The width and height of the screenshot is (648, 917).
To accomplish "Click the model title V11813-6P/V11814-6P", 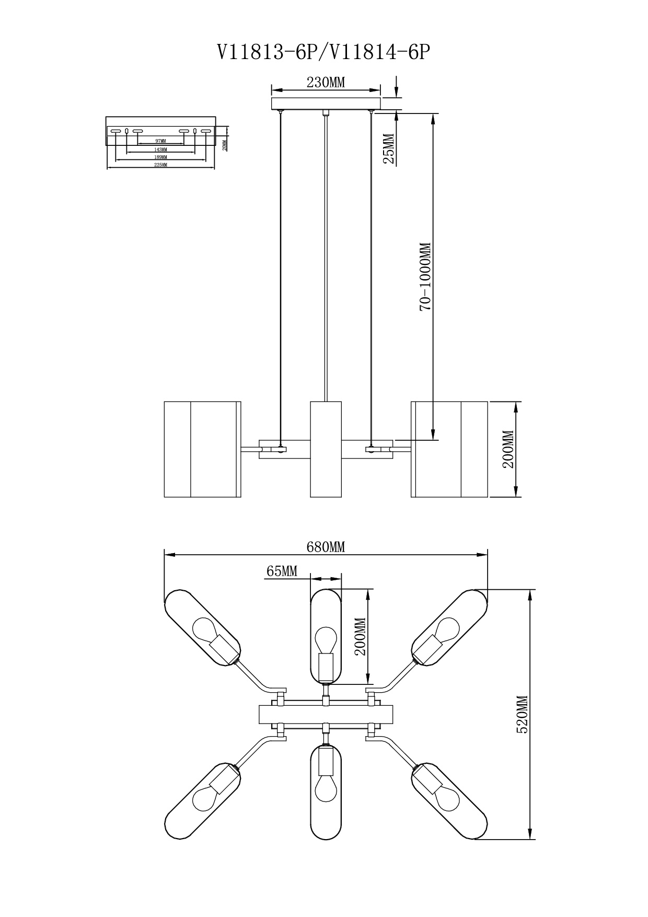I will pyautogui.click(x=324, y=52).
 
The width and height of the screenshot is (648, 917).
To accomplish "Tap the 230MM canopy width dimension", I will pyautogui.click(x=326, y=83).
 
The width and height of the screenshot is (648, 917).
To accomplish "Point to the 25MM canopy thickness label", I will pyautogui.click(x=389, y=149).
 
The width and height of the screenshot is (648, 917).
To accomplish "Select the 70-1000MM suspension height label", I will pyautogui.click(x=426, y=277).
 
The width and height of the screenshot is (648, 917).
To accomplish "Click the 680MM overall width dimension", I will pyautogui.click(x=326, y=547).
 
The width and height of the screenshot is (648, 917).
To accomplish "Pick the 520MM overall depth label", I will pyautogui.click(x=522, y=715).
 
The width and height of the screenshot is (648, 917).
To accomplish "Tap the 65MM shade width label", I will pyautogui.click(x=282, y=571).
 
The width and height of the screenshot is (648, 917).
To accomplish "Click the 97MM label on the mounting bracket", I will pyautogui.click(x=160, y=141).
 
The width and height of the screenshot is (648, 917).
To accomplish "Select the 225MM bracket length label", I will pyautogui.click(x=160, y=165).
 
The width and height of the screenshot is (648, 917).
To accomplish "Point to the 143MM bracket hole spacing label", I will pyautogui.click(x=160, y=150).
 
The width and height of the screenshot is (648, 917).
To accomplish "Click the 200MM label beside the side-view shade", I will pyautogui.click(x=508, y=449).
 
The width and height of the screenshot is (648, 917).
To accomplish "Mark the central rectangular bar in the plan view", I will pyautogui.click(x=326, y=715).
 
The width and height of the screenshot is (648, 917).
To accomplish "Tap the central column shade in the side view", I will pyautogui.click(x=326, y=449).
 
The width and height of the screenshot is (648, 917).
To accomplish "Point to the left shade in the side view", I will pyautogui.click(x=202, y=449).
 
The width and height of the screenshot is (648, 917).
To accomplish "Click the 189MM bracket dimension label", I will pyautogui.click(x=160, y=157).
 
